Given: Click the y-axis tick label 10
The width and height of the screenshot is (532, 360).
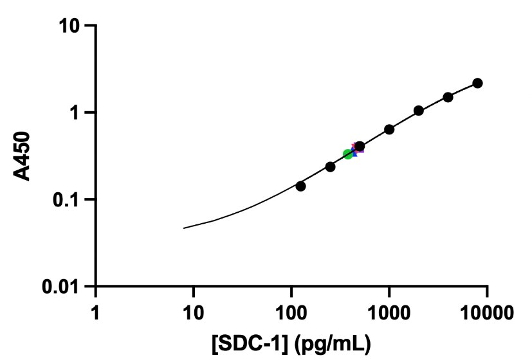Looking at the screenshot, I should point(71,26).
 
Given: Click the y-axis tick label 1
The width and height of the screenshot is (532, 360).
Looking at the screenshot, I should point(78,113).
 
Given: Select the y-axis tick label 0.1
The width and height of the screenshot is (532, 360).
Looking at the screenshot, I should point(69,200).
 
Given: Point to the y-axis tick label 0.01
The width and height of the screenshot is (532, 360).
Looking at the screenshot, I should point(63,287).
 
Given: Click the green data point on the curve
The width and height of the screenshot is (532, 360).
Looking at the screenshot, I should point(348,154).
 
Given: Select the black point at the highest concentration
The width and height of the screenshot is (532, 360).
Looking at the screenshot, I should point(477,83).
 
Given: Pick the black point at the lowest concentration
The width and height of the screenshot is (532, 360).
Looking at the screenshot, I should point(300,186).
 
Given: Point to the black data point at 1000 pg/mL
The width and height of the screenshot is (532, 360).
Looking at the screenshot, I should point(389,129).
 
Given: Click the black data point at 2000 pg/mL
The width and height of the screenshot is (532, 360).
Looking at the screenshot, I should point(419,111).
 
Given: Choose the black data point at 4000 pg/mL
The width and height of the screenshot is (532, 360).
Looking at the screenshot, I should point(448,97).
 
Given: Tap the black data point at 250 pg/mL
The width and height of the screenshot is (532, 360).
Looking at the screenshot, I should point(330,166).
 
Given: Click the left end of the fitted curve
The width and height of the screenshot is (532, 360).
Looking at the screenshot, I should point(184,228).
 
